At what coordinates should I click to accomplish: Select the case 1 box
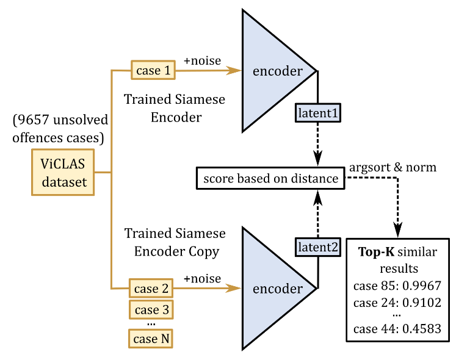tap(153, 70)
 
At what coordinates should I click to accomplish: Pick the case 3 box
tap(151, 309)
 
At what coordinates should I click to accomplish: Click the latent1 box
tap(317, 113)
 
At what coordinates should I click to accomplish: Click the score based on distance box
tap(270, 178)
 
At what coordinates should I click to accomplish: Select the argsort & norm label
tap(392, 167)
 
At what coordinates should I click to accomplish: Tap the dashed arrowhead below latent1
tap(317, 160)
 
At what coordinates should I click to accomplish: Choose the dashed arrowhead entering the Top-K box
tap(398, 231)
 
